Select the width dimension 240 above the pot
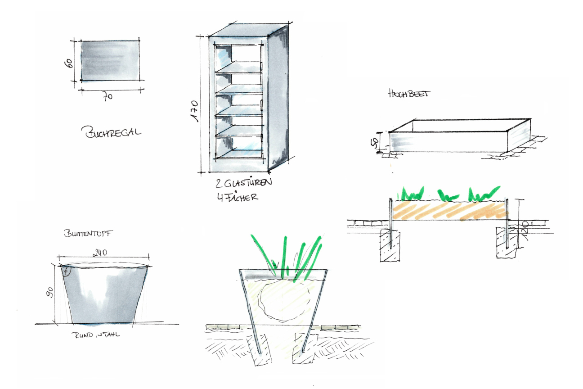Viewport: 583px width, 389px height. coord(99,253)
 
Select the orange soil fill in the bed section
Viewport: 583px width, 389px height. coord(450,210)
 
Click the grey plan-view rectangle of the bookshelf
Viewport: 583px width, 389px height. coord(110,60)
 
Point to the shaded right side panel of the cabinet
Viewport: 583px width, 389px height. coord(278,99)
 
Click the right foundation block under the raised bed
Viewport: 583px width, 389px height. coord(506,243)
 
